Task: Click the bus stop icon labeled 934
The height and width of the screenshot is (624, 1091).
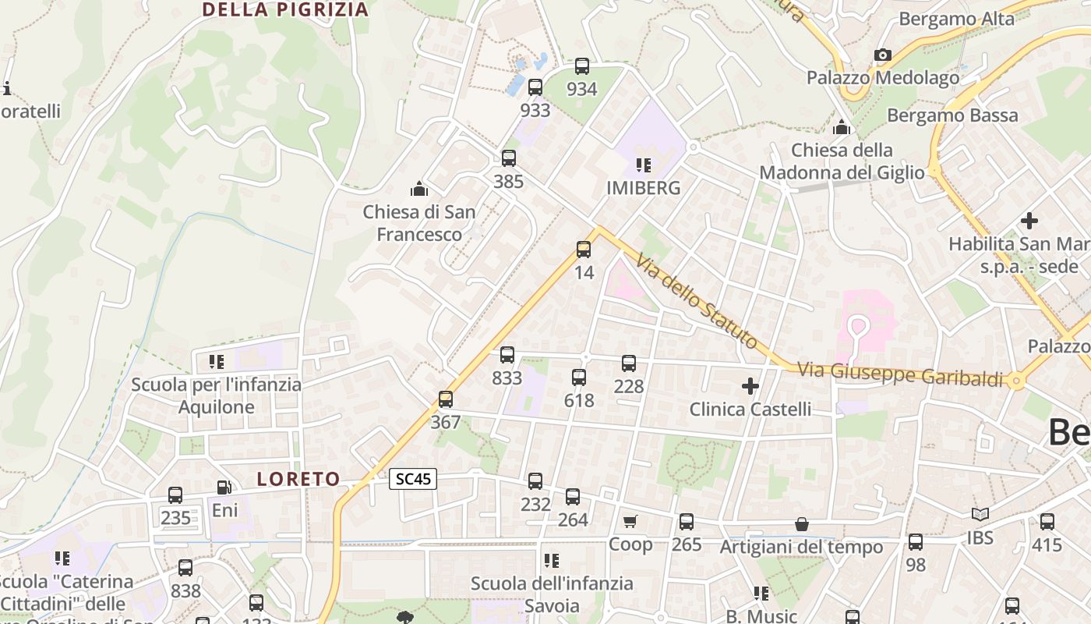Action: pos(582,66)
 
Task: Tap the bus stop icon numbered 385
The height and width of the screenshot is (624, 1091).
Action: pos(509,158)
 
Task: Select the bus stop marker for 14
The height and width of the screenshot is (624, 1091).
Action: pos(584,250)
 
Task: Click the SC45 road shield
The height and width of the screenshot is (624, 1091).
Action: pos(413,479)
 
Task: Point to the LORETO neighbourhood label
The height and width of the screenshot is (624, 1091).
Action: pos(298,479)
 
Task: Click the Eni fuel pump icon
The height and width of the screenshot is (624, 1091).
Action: pos(224,487)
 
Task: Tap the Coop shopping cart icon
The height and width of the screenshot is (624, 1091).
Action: pos(630,521)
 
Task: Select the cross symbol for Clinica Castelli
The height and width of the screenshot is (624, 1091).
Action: pos(750,385)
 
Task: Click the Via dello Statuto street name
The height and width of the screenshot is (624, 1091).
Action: pos(696,301)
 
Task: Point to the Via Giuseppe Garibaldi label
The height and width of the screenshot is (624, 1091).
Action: pos(900,374)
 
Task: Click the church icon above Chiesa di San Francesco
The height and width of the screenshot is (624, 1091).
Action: pos(419,189)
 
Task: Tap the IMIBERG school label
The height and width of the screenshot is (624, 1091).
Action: pos(644,188)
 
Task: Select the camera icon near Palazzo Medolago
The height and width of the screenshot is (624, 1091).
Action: pos(882,55)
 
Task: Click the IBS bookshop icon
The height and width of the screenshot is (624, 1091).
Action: pos(980,514)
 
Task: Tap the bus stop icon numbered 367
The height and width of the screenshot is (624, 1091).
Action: pos(446,399)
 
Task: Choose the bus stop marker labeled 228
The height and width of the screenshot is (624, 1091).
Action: pos(629,363)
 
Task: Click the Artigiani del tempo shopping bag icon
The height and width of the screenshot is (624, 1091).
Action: pos(801,524)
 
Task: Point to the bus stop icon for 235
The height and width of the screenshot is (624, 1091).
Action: pos(175,495)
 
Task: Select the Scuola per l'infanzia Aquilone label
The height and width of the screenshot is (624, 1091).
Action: pos(216,395)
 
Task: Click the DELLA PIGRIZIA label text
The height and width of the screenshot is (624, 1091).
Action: pos(285,9)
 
